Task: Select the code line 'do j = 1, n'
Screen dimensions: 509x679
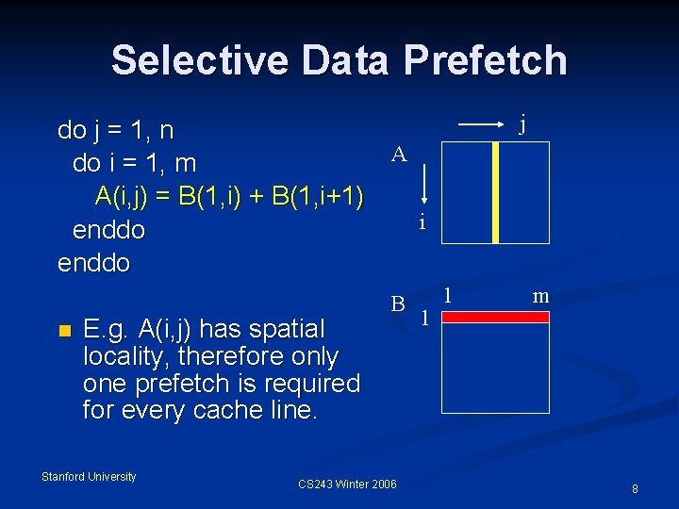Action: (x=116, y=129)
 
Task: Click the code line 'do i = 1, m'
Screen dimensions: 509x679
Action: (x=134, y=163)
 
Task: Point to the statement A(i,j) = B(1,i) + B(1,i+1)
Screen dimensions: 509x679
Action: (x=229, y=196)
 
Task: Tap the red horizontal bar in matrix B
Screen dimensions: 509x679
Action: (x=495, y=318)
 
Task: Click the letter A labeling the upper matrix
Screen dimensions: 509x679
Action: (x=399, y=155)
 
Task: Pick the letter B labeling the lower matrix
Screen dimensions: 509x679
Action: (x=399, y=304)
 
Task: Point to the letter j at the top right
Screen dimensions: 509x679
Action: (x=523, y=124)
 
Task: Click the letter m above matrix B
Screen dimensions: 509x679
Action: (x=540, y=296)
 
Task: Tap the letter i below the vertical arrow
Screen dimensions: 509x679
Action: (x=422, y=223)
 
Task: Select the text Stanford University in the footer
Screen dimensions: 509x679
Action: (x=89, y=477)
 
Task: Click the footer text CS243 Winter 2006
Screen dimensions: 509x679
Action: (x=347, y=484)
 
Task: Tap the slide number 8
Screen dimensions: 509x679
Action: (x=635, y=488)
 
